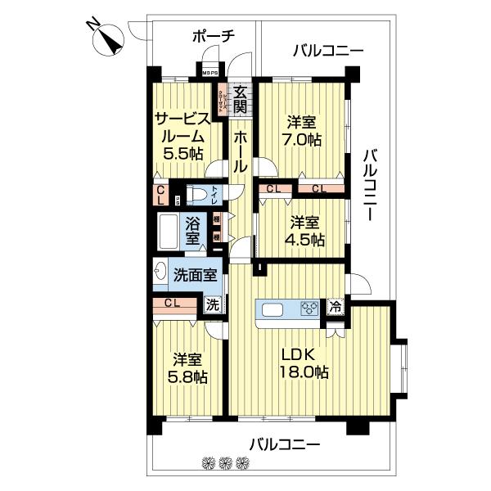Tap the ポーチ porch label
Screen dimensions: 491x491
[x=214, y=36]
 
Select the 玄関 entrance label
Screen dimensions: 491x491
[x=240, y=99]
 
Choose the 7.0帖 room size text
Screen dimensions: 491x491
[x=303, y=139]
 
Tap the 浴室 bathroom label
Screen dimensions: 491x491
[x=193, y=230]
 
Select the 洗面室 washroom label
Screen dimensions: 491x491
[x=196, y=275]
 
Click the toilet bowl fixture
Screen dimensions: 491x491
[x=197, y=195]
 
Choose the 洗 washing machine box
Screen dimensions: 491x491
[x=213, y=305]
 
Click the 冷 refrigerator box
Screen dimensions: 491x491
[x=336, y=308]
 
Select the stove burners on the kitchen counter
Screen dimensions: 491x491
[x=310, y=309]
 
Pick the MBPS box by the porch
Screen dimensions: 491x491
[x=210, y=70]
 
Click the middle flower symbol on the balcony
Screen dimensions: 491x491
[x=225, y=463]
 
